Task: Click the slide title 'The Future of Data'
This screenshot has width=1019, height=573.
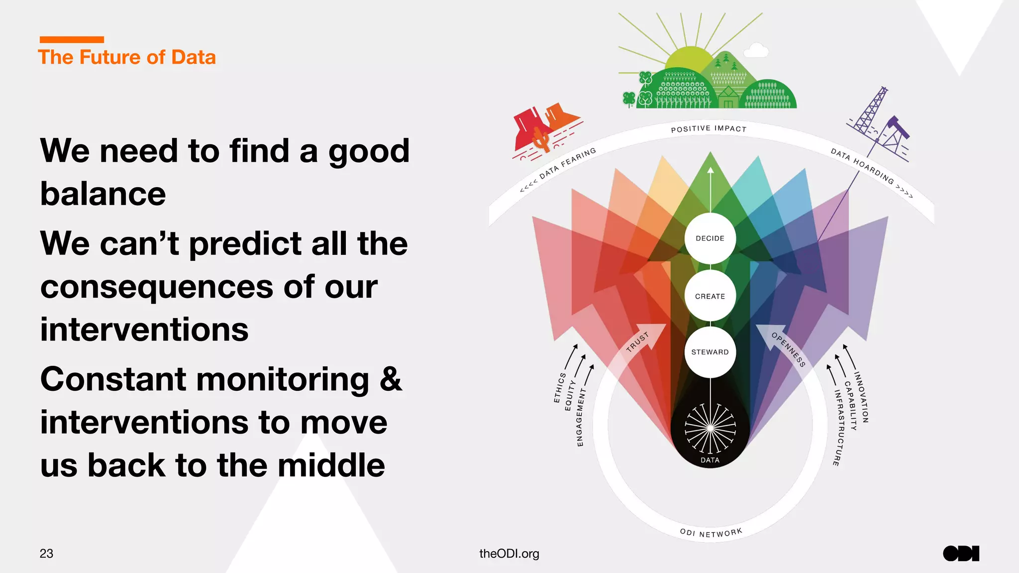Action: click(127, 57)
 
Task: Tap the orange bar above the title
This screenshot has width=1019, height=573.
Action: click(72, 39)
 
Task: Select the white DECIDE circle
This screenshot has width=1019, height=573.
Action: click(710, 238)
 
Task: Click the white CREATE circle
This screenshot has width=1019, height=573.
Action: click(710, 296)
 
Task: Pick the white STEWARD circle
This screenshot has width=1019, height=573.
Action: click(710, 352)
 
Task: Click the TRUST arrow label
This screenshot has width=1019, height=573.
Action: click(637, 342)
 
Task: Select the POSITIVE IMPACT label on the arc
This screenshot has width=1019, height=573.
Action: click(709, 129)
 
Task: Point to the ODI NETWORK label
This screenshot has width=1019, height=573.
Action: click(711, 533)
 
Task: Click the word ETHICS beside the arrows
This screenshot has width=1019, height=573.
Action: click(560, 387)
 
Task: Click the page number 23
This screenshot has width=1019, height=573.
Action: click(46, 554)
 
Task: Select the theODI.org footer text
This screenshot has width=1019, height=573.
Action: click(509, 554)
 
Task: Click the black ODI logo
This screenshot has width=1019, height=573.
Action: click(961, 554)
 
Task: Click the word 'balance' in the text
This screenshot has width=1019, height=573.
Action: click(103, 194)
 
